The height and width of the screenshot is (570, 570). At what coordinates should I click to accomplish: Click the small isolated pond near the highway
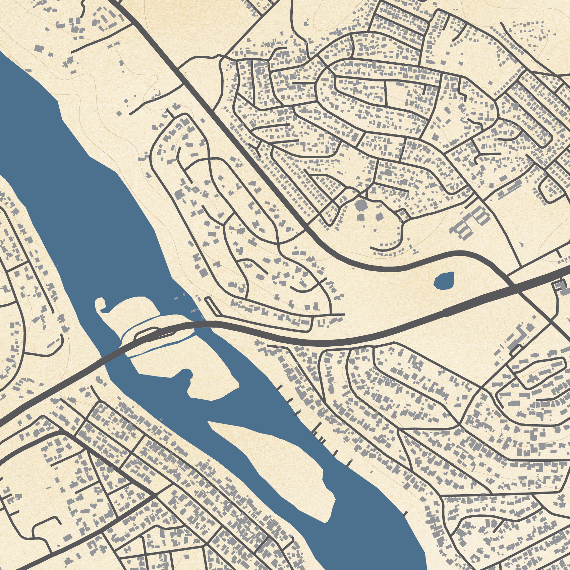(x=444, y=281)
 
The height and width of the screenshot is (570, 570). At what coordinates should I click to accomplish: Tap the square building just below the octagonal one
(x=360, y=217)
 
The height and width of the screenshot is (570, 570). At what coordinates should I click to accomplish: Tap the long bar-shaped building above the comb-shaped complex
(x=510, y=189)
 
